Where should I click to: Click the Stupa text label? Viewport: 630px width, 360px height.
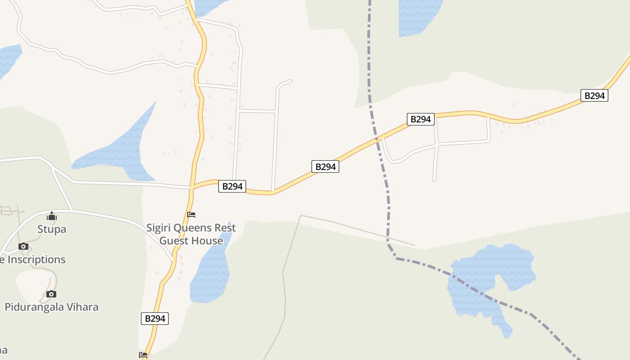[x=52, y=229]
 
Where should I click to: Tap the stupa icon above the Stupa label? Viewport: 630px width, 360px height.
[x=52, y=216]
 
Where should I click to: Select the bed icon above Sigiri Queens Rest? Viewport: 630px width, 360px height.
[x=191, y=214]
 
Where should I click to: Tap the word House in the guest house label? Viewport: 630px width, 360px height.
[x=207, y=241]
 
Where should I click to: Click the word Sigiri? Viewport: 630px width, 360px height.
[x=158, y=228]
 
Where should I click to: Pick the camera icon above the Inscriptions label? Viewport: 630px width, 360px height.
[x=23, y=246]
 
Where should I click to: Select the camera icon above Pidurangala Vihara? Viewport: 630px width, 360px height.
[x=51, y=294]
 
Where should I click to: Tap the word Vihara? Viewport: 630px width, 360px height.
[x=83, y=307]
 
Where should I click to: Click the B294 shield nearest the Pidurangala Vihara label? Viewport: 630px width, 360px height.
[x=155, y=319]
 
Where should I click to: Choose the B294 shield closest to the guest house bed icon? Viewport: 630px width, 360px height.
[x=232, y=186]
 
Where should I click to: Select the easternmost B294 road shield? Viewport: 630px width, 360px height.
[x=594, y=95]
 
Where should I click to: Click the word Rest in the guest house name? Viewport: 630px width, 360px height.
[x=225, y=228]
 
